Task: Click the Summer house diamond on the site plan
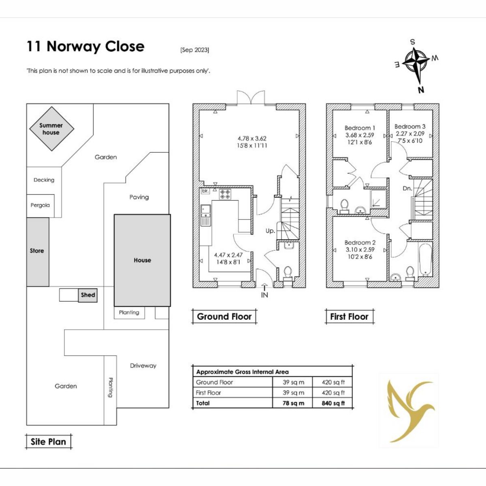point(52,129)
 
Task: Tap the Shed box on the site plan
point(88,295)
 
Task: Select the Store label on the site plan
point(37,251)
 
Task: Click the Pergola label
point(40,205)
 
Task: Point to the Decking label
point(44,180)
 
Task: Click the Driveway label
point(143,366)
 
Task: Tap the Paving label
point(139,197)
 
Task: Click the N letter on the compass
point(421,90)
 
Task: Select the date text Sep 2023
point(195,50)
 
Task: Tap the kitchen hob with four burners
point(225,194)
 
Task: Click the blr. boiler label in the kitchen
point(205,191)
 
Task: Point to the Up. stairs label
point(270,231)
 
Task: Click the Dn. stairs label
point(407,188)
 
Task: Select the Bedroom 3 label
point(410,127)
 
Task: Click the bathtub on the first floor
point(426,260)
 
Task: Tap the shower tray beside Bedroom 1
point(378,199)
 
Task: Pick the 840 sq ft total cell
point(333,403)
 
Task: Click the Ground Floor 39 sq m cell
point(293,382)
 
